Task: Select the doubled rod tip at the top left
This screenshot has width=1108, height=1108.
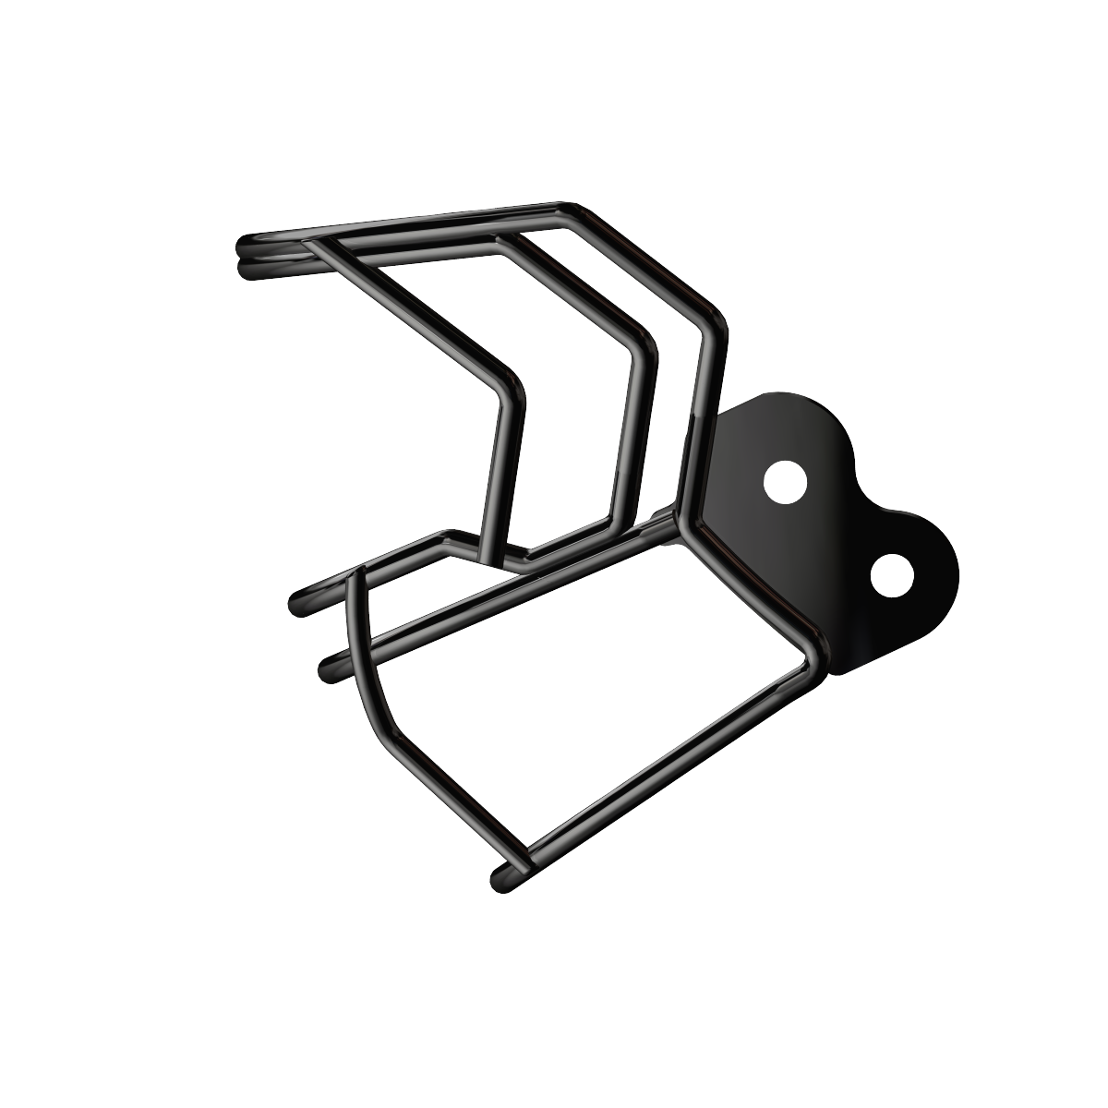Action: click(x=245, y=256)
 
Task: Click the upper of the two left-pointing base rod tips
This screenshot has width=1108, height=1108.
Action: click(x=299, y=601)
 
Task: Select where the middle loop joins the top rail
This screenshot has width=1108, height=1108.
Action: click(x=503, y=237)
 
